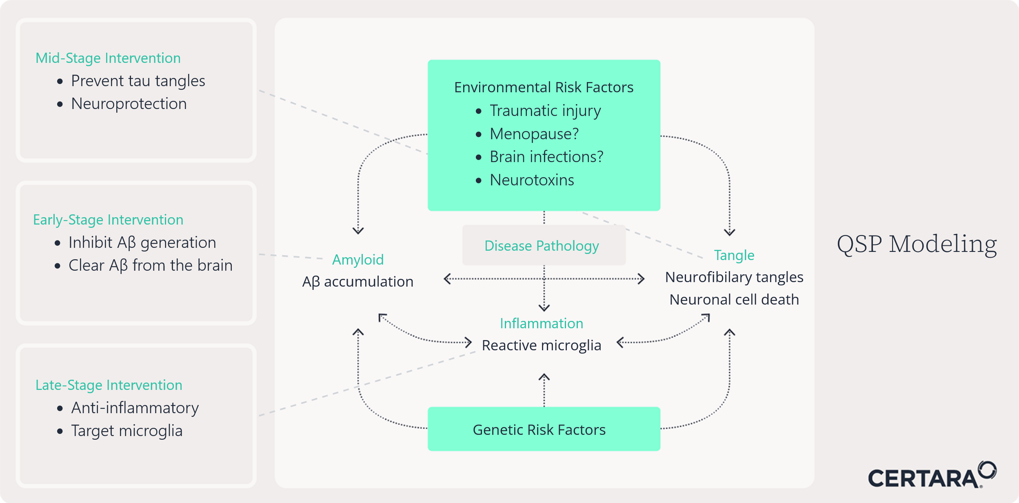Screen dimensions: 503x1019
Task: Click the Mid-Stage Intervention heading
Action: click(x=108, y=58)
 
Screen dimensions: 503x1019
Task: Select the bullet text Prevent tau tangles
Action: click(x=138, y=81)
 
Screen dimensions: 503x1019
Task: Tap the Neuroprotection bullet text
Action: click(x=129, y=104)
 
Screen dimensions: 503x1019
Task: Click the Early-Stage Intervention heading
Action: click(x=108, y=220)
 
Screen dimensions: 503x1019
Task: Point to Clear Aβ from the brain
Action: click(x=150, y=265)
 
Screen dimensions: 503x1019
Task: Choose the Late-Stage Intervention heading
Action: click(x=109, y=385)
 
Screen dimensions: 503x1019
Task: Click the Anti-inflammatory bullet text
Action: click(x=135, y=408)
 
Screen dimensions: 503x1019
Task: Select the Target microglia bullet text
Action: click(x=127, y=431)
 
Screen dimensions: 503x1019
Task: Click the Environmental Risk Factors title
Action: click(x=544, y=87)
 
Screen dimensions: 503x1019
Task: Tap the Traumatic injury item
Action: click(x=545, y=111)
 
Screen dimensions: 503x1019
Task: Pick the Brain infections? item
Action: click(x=546, y=157)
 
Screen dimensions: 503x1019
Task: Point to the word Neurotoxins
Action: click(x=532, y=180)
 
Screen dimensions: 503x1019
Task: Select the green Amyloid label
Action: click(x=358, y=260)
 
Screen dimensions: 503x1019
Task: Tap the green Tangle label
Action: click(x=734, y=255)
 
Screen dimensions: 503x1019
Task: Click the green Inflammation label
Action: click(x=542, y=323)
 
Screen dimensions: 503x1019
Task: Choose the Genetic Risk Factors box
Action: click(x=544, y=430)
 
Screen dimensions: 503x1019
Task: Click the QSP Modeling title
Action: click(x=917, y=244)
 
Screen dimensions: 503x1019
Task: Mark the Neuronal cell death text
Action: click(x=734, y=300)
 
